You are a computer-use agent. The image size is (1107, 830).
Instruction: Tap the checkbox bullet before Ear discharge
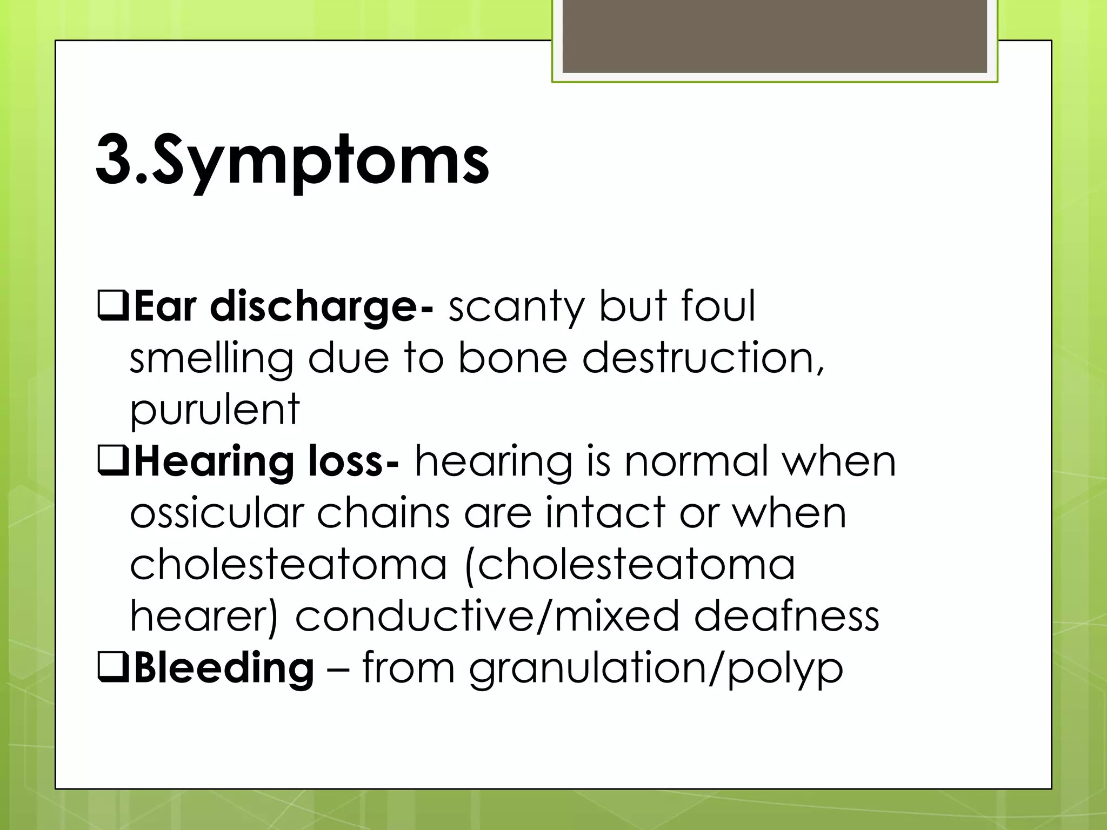pos(112,305)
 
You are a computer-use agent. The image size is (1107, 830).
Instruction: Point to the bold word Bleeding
pos(224,668)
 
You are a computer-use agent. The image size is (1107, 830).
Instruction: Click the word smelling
pos(211,358)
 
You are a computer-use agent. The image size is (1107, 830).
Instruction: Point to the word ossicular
pos(217,513)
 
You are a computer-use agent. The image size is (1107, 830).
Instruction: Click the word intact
pos(605,513)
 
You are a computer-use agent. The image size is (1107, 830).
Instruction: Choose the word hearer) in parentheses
pos(204,617)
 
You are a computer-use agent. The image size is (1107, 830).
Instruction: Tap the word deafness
pos(786,617)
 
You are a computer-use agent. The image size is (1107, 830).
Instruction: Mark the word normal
pos(696,462)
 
